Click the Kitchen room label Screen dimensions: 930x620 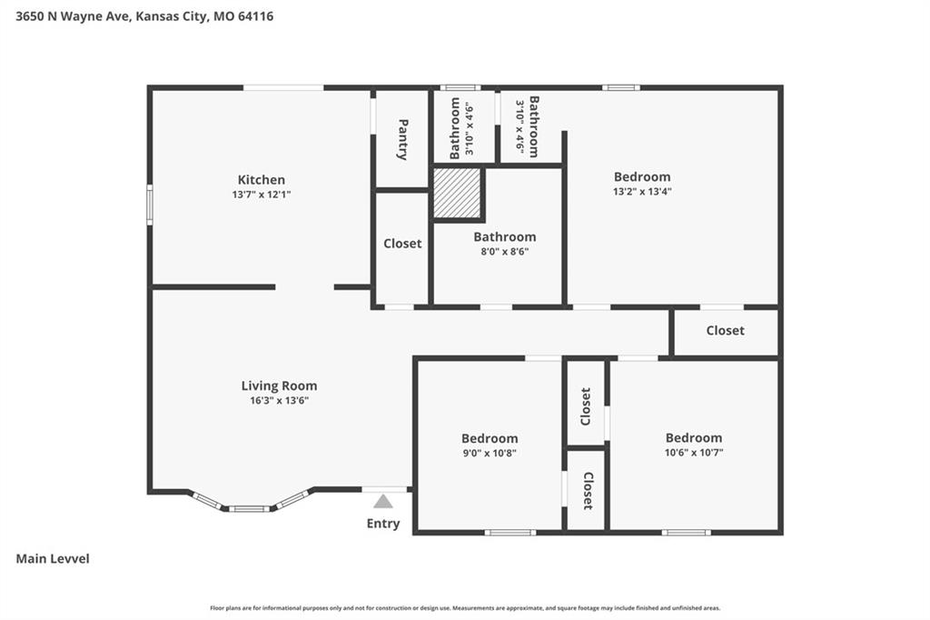[261, 179]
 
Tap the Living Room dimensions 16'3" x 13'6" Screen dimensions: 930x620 [279, 400]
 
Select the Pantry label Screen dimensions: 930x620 [402, 140]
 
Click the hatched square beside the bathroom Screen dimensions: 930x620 [457, 193]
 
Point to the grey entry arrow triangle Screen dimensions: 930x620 [383, 502]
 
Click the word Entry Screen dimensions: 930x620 [383, 524]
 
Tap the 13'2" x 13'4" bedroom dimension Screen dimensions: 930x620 [642, 191]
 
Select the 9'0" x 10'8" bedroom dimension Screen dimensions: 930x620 [490, 453]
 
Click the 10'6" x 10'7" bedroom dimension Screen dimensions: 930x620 [694, 453]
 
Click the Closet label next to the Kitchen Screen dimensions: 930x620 [402, 243]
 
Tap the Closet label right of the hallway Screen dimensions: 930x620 [725, 330]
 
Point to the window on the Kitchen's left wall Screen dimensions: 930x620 [150, 205]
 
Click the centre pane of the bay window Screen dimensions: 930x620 [249, 508]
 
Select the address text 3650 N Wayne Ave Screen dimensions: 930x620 [73, 16]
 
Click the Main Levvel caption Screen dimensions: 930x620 [53, 559]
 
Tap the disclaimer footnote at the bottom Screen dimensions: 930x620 [465, 608]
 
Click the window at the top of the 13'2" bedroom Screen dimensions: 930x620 [621, 88]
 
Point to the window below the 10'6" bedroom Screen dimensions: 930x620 [687, 532]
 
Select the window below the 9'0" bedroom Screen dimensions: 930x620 [510, 532]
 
